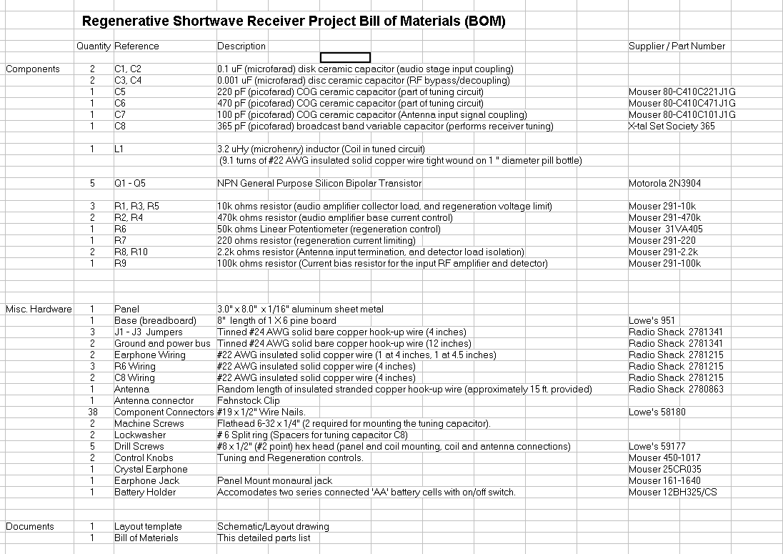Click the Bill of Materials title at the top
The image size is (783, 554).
(x=294, y=21)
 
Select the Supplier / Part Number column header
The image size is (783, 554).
(x=677, y=46)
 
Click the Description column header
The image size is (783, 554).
(x=241, y=46)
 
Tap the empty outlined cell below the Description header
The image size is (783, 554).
(x=345, y=57)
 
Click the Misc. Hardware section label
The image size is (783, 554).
(x=39, y=309)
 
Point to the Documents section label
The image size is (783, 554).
(x=30, y=526)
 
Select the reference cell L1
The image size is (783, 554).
(x=119, y=149)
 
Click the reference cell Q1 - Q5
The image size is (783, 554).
(x=130, y=183)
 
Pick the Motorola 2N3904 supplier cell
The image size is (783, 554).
(x=664, y=183)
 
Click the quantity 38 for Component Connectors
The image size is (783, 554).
(x=92, y=412)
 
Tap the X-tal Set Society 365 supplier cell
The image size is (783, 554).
(x=672, y=126)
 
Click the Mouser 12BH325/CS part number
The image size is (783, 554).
(x=672, y=492)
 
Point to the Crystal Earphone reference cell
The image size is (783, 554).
(x=151, y=469)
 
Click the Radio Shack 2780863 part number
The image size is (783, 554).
(x=676, y=389)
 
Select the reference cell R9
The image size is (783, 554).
(x=120, y=263)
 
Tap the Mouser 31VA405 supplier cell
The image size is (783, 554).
(x=666, y=229)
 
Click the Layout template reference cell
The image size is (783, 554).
(x=148, y=526)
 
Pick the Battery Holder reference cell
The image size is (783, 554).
(x=145, y=492)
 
